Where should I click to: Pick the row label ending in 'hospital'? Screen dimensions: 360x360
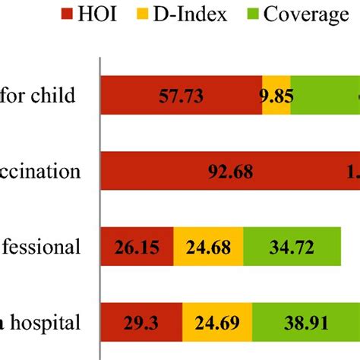(x=44, y=323)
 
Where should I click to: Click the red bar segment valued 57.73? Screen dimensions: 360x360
(x=181, y=96)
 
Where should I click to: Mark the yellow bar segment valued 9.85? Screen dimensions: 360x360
(x=276, y=96)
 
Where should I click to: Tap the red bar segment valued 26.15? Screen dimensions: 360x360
(x=137, y=247)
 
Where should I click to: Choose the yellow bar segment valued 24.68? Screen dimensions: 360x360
(x=208, y=247)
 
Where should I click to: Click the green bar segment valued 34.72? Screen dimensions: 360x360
(x=291, y=247)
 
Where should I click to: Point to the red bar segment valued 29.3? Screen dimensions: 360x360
(x=141, y=323)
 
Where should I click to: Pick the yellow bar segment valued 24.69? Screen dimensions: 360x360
(x=217, y=323)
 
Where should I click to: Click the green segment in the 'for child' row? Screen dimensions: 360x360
(x=325, y=96)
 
